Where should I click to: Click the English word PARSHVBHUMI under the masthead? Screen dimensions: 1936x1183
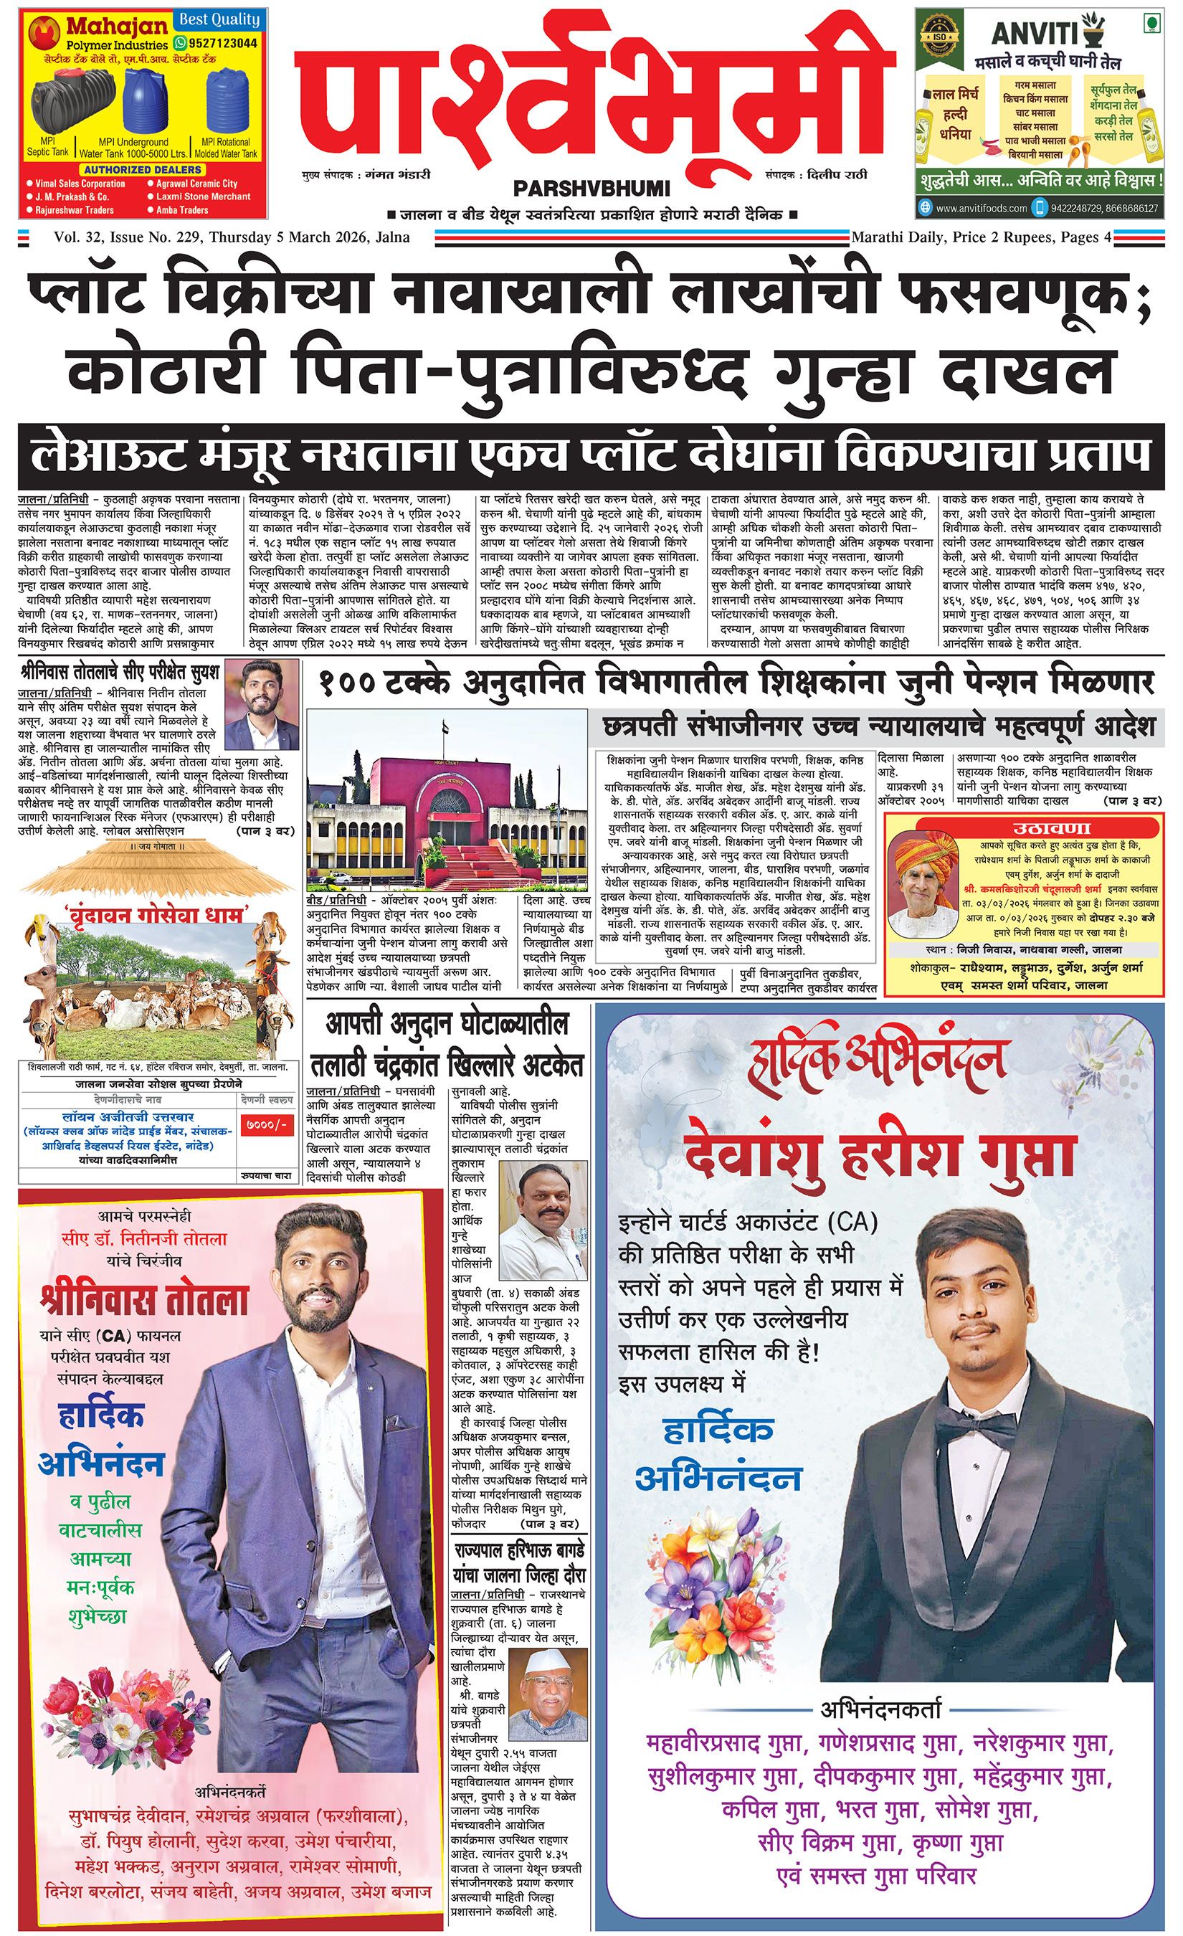pyautogui.click(x=591, y=189)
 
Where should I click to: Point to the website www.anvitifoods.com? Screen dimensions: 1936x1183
pyautogui.click(x=981, y=208)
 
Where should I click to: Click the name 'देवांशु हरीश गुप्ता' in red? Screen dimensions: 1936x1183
pyautogui.click(x=878, y=1150)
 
